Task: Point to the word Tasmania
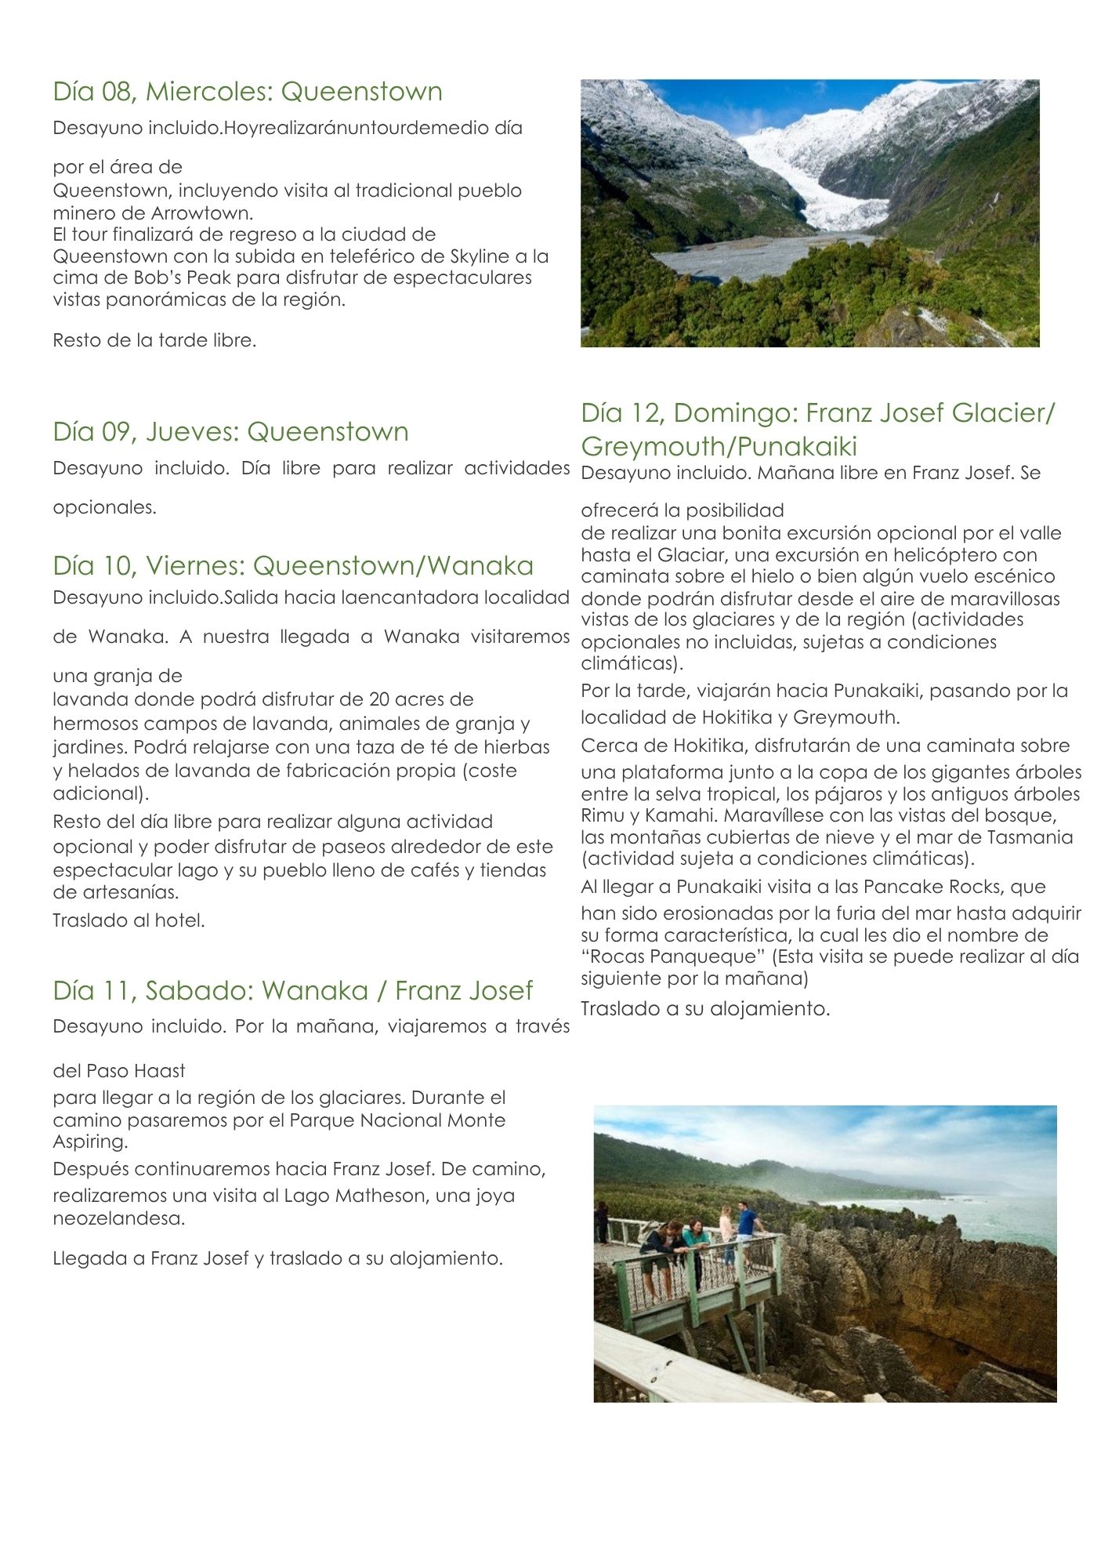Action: (1034, 837)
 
